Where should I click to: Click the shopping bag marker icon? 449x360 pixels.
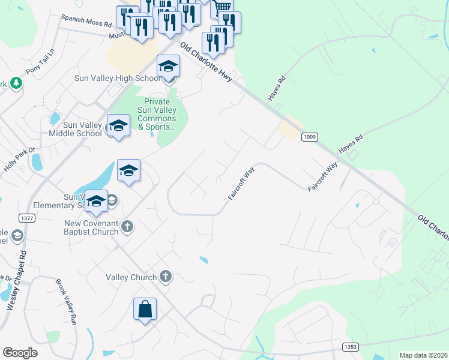(x=145, y=310)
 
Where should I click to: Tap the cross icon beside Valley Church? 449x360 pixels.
(x=166, y=277)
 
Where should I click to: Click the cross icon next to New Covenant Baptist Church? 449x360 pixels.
(x=127, y=226)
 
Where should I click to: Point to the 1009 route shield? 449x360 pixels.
(x=310, y=136)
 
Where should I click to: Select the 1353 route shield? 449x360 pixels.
(x=351, y=347)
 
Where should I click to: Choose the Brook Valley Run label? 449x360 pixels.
(x=67, y=302)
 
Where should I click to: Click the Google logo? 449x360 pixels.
(x=20, y=352)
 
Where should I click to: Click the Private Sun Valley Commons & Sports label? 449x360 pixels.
(x=157, y=114)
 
